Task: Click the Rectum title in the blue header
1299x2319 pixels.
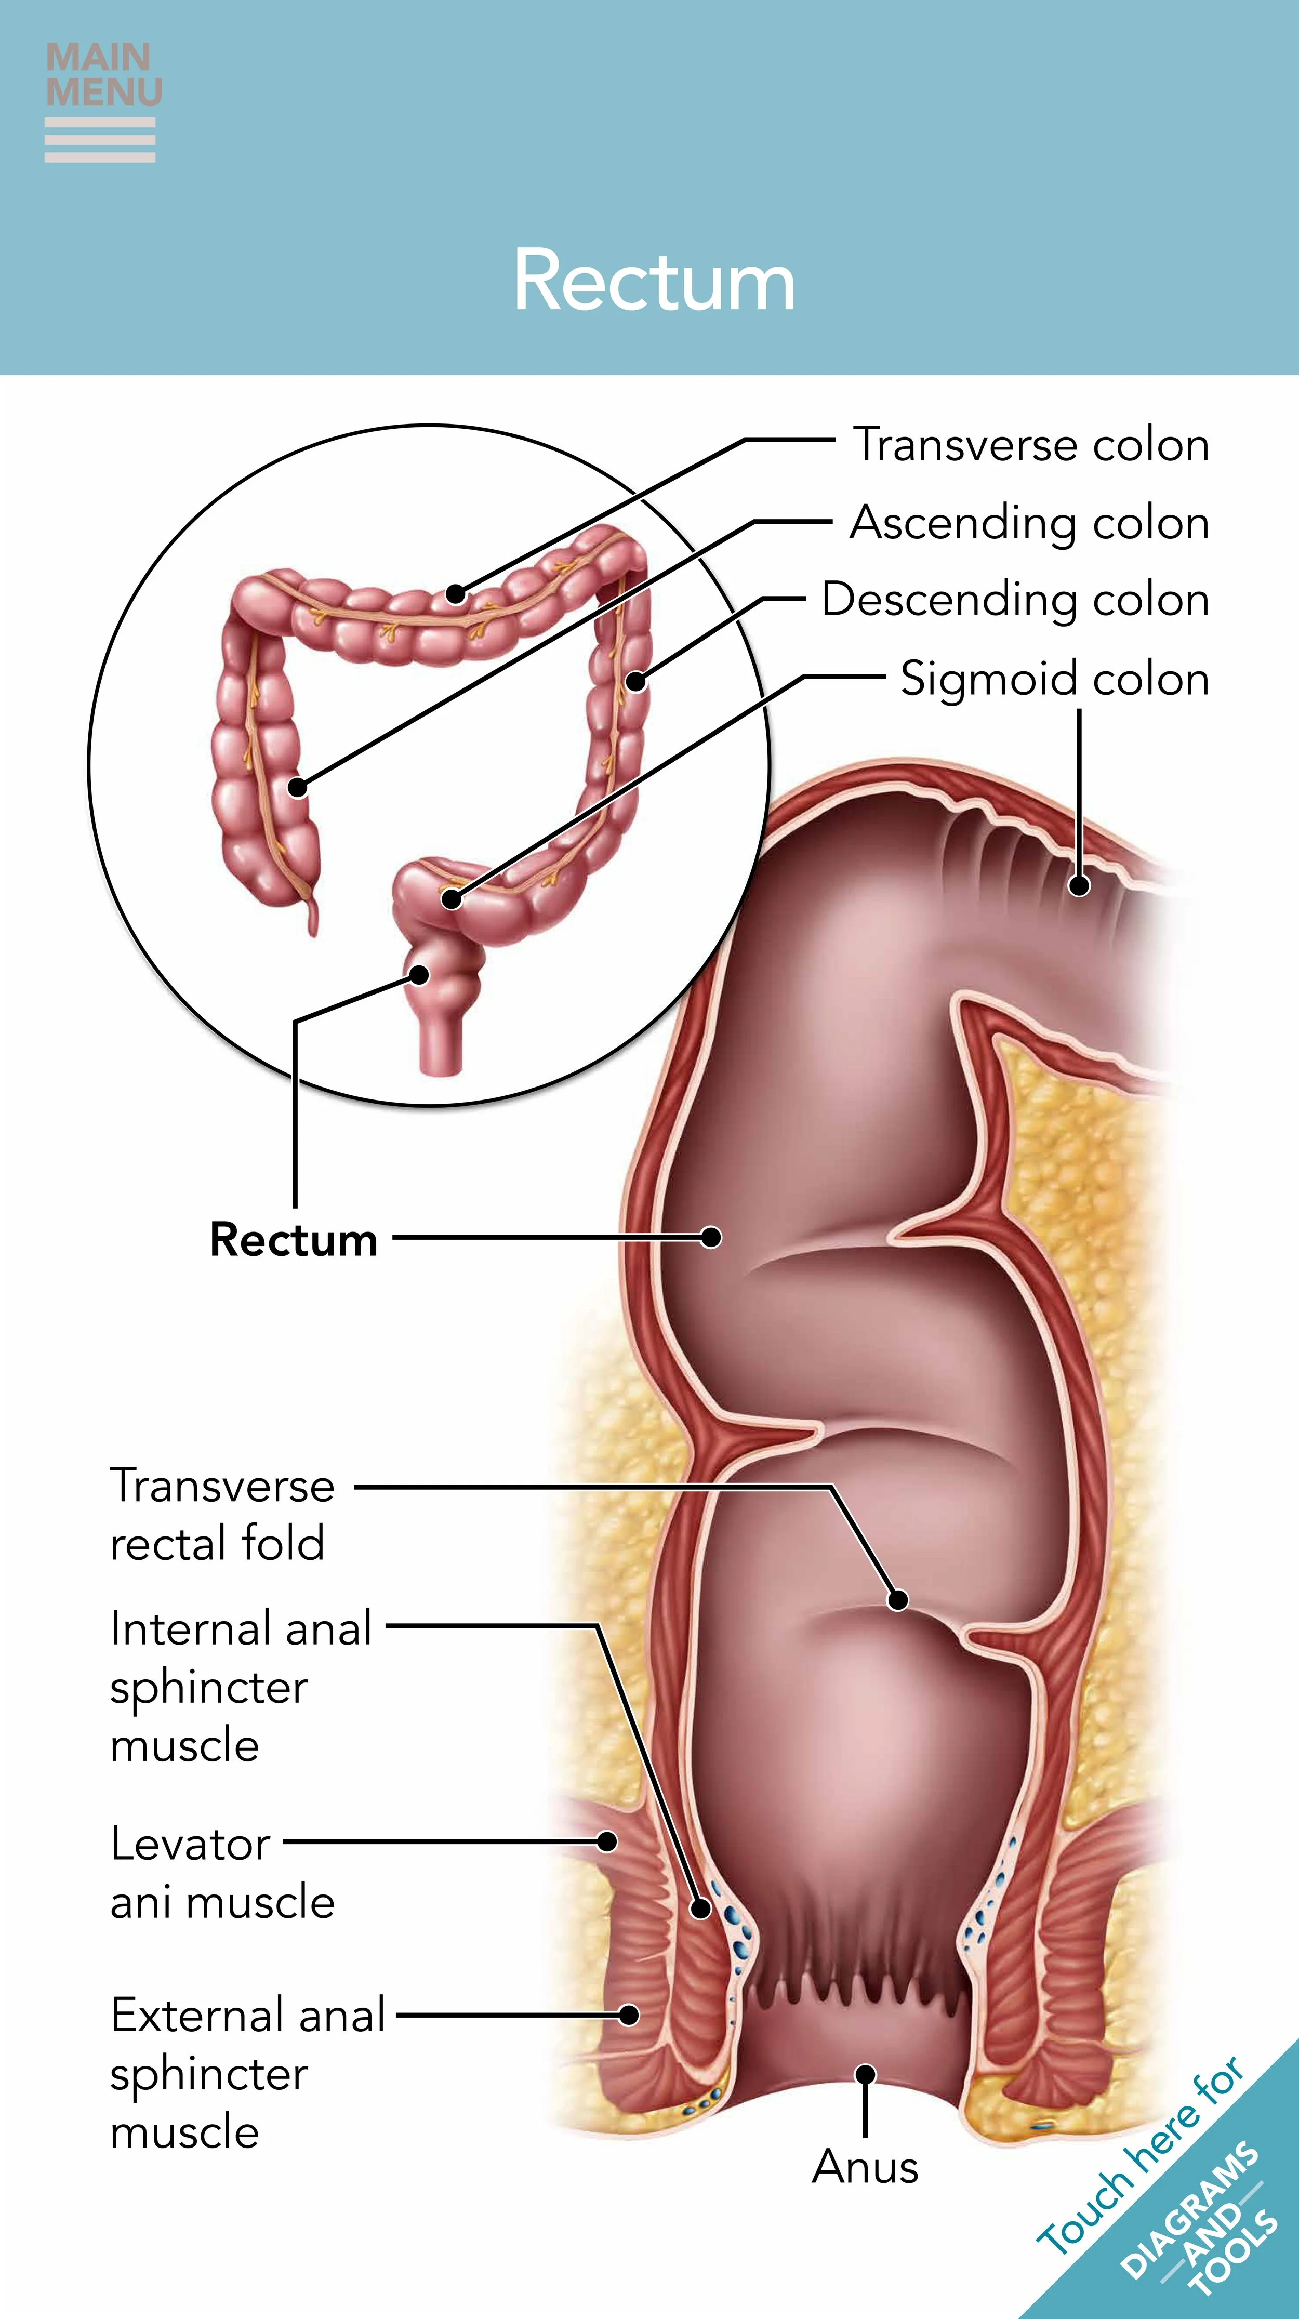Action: (x=655, y=281)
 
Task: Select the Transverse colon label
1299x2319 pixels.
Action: (x=1031, y=445)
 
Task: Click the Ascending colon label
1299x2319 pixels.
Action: (x=1029, y=523)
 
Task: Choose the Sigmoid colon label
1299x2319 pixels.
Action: (x=1054, y=679)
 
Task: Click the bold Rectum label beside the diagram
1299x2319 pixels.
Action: (x=294, y=1240)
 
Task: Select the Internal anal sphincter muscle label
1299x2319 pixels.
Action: (x=241, y=1686)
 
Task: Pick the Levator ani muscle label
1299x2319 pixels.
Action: (x=221, y=1873)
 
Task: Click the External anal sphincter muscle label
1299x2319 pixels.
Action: (x=247, y=2072)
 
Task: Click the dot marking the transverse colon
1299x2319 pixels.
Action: (x=456, y=593)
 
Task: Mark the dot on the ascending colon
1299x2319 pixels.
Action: (x=298, y=788)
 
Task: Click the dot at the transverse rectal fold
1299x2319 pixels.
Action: (x=897, y=1600)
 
